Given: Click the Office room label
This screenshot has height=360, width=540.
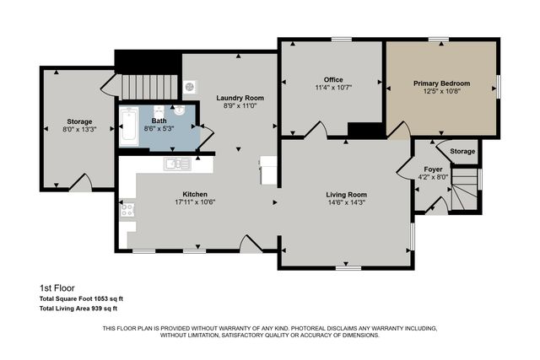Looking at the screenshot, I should click(x=334, y=78).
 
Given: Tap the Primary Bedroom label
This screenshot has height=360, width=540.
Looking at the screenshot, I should click(x=441, y=83).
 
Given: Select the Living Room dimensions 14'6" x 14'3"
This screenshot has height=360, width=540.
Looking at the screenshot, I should click(x=346, y=203).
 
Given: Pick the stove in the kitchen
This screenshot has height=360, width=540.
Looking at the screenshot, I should click(x=128, y=210).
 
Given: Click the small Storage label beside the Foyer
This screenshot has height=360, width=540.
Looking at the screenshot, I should click(x=462, y=151).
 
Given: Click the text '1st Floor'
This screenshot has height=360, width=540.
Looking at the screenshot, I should click(x=56, y=287).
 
